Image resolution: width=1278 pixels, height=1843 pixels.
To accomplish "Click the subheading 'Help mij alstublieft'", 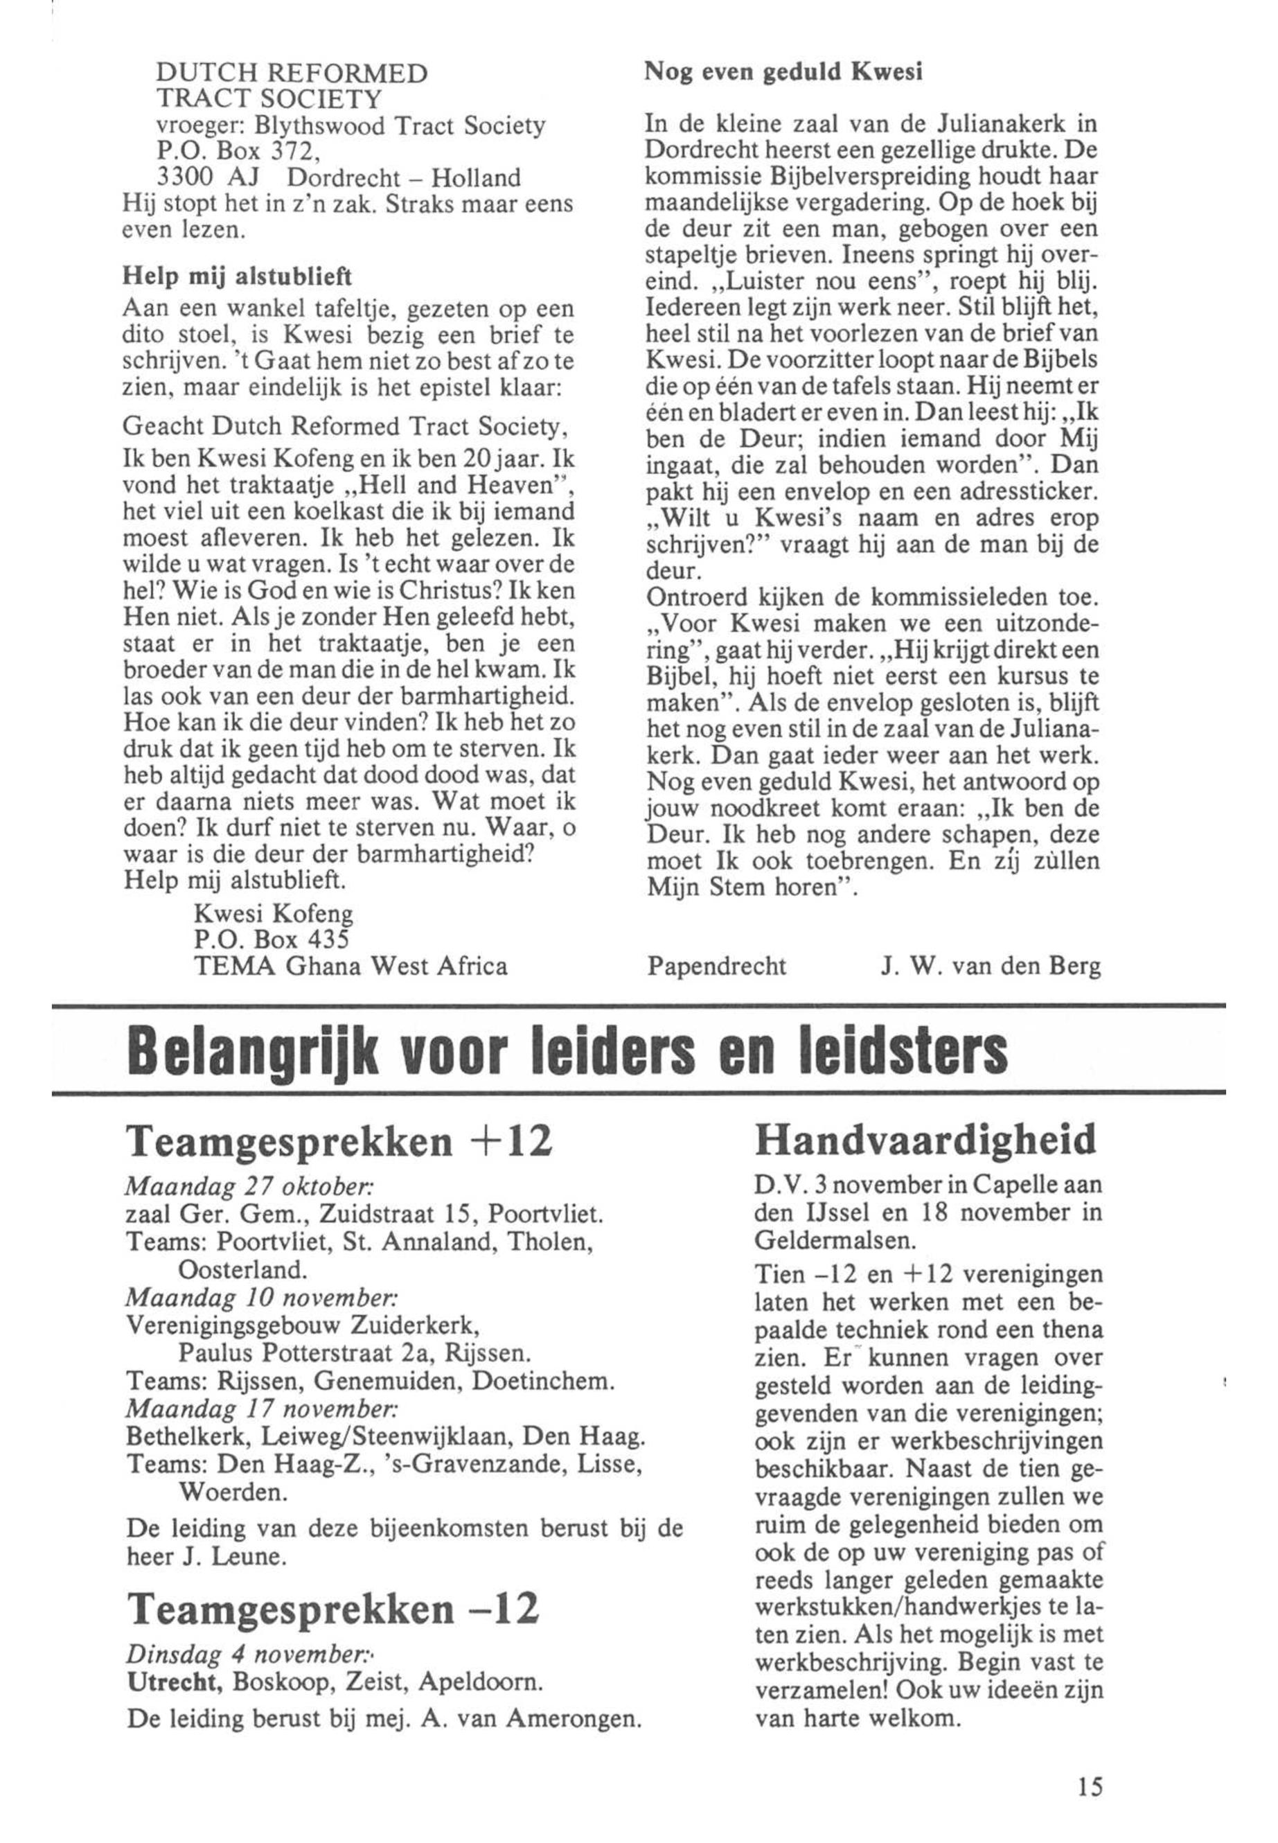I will (x=236, y=276).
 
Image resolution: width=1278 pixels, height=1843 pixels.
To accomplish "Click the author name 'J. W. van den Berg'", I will (x=991, y=967).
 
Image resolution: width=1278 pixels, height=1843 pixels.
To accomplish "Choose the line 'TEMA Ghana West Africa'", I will (x=350, y=967).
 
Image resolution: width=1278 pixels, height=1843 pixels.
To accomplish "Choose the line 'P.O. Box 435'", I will (x=272, y=940).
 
